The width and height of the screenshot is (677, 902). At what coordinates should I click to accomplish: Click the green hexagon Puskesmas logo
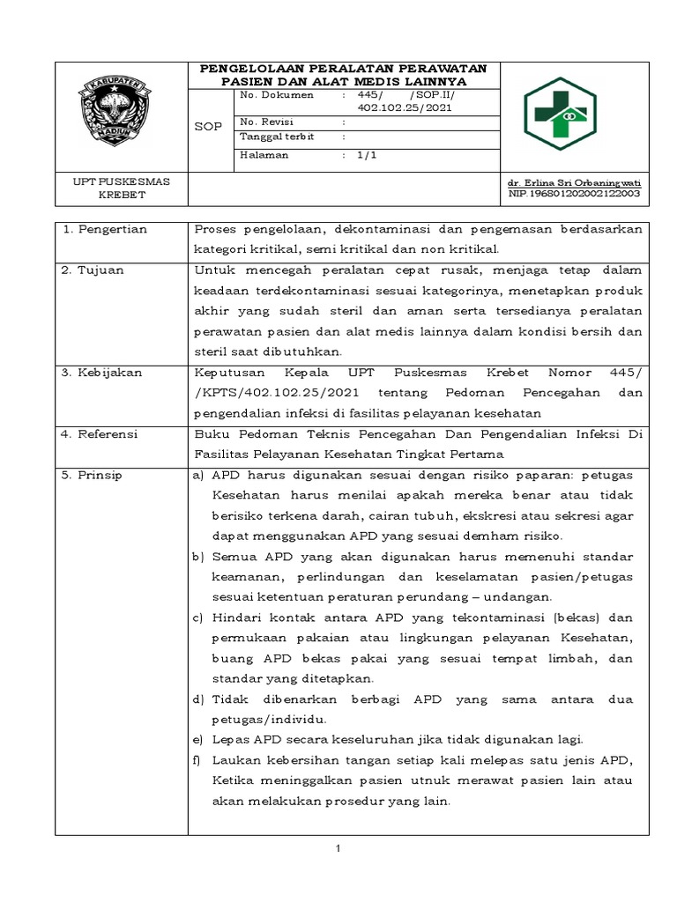tap(560, 114)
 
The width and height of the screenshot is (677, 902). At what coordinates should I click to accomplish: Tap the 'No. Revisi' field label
tap(266, 122)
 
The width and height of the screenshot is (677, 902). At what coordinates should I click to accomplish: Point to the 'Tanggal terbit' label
tap(277, 137)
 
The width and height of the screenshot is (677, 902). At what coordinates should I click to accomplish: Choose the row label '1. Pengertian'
tap(104, 230)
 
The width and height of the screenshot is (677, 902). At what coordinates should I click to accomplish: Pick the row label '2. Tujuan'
tap(93, 270)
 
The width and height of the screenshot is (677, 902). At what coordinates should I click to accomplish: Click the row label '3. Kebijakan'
tap(101, 373)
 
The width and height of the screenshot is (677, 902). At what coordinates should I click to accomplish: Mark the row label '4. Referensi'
tap(100, 434)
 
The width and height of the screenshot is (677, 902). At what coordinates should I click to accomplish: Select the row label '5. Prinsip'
tap(93, 475)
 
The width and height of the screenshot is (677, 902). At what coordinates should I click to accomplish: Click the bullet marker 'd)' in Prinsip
tap(198, 699)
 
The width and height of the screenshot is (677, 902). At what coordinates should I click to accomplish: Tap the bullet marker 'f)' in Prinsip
tap(197, 760)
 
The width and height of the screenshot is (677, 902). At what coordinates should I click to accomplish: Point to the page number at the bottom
tap(338, 848)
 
